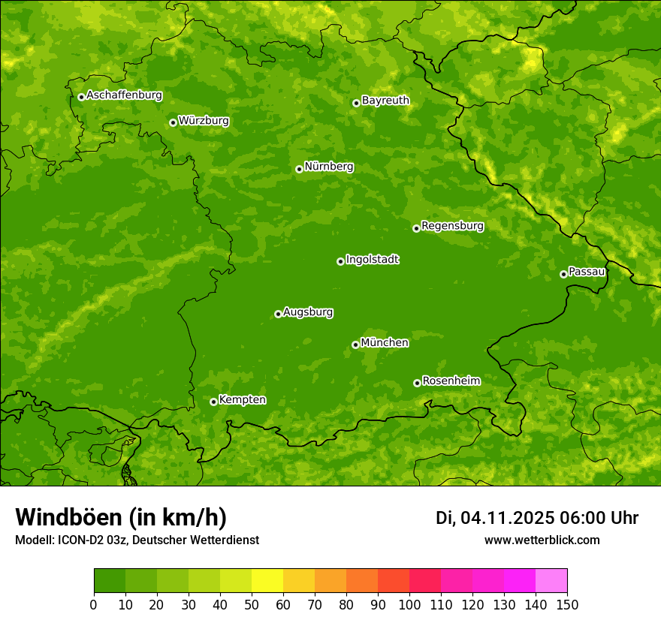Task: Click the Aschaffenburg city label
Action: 124,95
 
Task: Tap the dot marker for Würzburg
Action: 173,122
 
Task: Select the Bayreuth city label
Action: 385,101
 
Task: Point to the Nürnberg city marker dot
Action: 299,169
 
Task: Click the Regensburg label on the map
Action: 452,226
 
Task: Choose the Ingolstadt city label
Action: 372,260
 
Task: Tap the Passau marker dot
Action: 563,274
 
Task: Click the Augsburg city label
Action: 308,312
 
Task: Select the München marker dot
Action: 355,345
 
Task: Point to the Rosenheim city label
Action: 451,381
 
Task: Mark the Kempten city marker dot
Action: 213,402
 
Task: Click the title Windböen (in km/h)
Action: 120,518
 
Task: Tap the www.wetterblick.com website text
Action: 542,540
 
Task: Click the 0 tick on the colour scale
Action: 94,604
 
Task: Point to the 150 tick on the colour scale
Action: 567,604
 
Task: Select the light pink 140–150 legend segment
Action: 551,581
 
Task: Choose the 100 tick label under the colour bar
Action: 409,604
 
